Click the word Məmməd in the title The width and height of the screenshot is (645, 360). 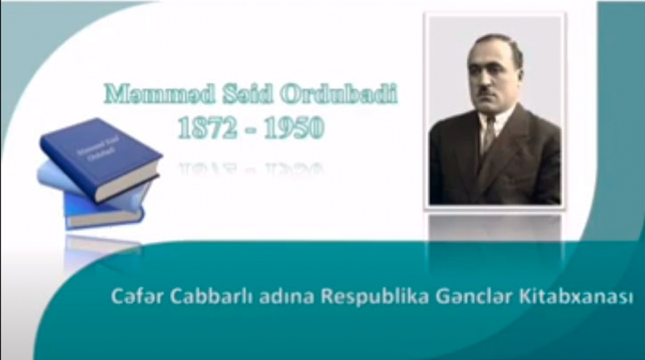click(x=159, y=94)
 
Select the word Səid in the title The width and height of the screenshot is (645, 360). click(x=248, y=94)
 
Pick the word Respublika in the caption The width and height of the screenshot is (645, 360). click(x=375, y=298)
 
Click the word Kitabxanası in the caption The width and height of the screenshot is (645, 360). click(x=576, y=297)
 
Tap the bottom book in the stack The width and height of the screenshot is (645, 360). click(x=103, y=212)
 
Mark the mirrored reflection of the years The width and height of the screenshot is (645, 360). click(x=251, y=169)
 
